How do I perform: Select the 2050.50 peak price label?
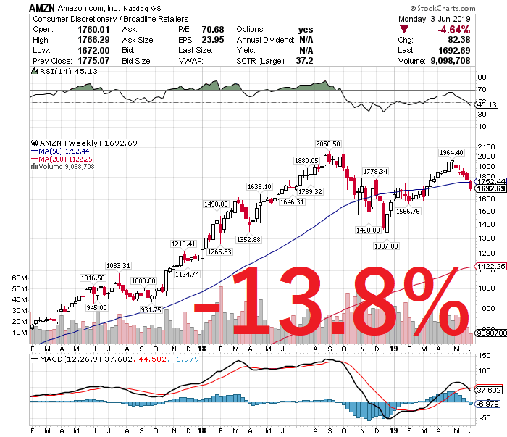[x=327, y=144]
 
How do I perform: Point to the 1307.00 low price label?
[x=385, y=246]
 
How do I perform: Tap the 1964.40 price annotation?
[x=451, y=153]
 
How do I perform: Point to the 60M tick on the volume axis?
[x=18, y=278]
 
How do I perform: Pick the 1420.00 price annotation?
[x=368, y=230]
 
